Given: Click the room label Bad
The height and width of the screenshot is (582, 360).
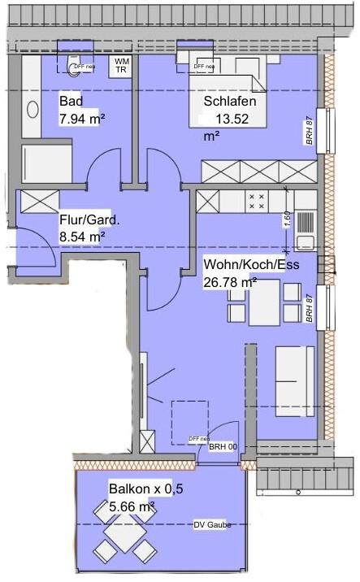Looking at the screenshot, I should pyautogui.click(x=72, y=102).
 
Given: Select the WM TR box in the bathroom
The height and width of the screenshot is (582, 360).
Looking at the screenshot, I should pyautogui.click(x=121, y=66).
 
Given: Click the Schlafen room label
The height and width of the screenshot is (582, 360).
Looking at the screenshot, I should pyautogui.click(x=230, y=102).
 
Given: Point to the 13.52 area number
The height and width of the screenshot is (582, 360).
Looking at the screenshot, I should pyautogui.click(x=230, y=119).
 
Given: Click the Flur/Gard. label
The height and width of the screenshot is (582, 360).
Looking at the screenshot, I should pyautogui.click(x=89, y=219).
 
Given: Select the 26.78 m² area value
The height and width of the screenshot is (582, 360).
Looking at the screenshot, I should pyautogui.click(x=229, y=282).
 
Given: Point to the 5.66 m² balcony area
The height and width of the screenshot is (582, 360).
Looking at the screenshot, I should pyautogui.click(x=132, y=506).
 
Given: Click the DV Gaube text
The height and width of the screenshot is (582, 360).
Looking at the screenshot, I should pyautogui.click(x=212, y=525).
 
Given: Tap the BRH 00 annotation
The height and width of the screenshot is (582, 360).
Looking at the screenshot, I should pyautogui.click(x=222, y=447).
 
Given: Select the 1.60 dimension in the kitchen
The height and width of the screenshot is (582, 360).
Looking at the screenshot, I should pyautogui.click(x=287, y=219).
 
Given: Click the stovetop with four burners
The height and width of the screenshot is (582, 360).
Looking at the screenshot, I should pyautogui.click(x=257, y=202).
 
